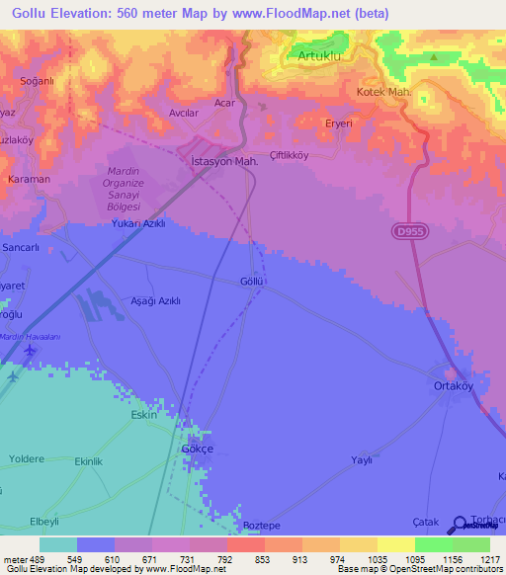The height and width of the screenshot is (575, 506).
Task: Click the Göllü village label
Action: pos(252,282)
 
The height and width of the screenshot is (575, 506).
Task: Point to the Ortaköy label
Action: pos(455,386)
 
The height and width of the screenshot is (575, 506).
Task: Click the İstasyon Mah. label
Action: pos(224,160)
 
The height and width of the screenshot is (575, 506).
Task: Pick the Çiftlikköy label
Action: pos(290,155)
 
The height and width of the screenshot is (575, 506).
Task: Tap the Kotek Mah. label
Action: pos(383,92)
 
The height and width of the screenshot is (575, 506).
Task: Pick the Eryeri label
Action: pos(339,123)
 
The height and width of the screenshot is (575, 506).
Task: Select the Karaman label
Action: pos(29,180)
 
